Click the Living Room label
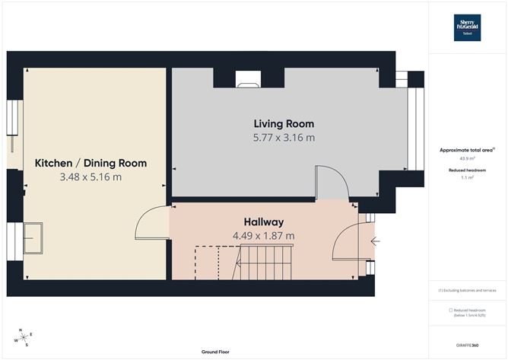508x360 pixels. pos(284,124)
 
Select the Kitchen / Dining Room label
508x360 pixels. pos(90,163)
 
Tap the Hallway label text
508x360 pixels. pos(264,220)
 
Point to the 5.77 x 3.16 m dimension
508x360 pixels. pos(284,139)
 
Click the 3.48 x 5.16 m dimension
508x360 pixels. pos(90,177)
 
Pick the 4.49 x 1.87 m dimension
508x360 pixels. pos(264,235)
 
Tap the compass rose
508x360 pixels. pos(24,337)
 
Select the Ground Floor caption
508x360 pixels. pos(216,352)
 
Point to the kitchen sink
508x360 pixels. pos(33,237)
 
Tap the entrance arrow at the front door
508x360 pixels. pos(374,242)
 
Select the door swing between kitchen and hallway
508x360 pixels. pos(151,224)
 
